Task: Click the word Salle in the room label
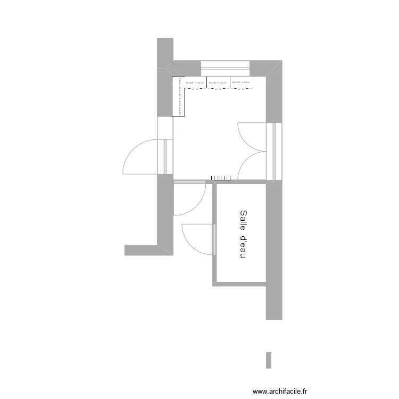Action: pyautogui.click(x=243, y=220)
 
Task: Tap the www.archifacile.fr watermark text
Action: pyautogui.click(x=280, y=391)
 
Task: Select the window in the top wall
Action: pyautogui.click(x=225, y=68)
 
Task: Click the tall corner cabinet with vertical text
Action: pyautogui.click(x=178, y=96)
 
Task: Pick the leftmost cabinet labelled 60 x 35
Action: pyautogui.click(x=195, y=82)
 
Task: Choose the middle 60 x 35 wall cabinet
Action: pyautogui.click(x=218, y=82)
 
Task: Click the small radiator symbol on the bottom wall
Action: pyautogui.click(x=220, y=178)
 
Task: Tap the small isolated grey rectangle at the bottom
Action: pyautogui.click(x=269, y=360)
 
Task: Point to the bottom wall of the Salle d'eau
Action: pyautogui.click(x=239, y=285)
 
